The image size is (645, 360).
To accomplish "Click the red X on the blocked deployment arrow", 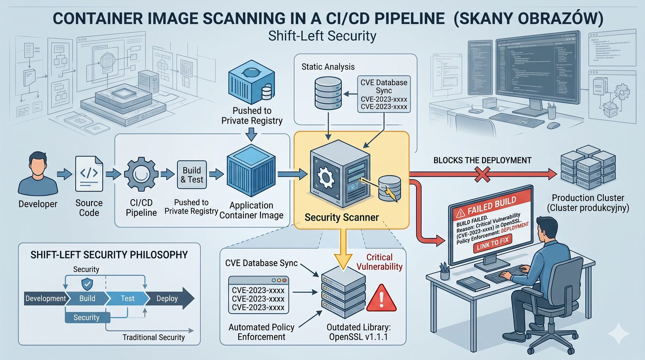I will click(x=483, y=175).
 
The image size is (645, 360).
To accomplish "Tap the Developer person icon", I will click(x=38, y=173).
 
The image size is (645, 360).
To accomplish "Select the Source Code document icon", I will click(x=89, y=174).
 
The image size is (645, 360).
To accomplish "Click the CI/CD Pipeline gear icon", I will click(x=141, y=174).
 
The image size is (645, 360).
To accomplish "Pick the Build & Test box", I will click(x=192, y=175).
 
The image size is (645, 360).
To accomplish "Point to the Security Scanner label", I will click(x=341, y=218).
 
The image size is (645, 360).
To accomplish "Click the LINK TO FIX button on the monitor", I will click(x=492, y=243).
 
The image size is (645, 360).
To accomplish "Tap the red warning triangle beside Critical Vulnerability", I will click(x=381, y=298).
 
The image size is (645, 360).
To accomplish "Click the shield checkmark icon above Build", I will click(x=87, y=284).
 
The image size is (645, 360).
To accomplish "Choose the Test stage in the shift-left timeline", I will click(x=127, y=298).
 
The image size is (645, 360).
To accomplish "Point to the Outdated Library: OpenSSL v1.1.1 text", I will click(x=358, y=332).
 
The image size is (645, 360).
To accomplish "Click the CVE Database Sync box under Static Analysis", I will click(x=384, y=94).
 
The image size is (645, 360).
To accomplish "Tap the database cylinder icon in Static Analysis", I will click(x=328, y=93).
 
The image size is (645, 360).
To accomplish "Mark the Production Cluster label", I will click(x=588, y=203).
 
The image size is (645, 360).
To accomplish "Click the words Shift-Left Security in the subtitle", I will click(x=322, y=36).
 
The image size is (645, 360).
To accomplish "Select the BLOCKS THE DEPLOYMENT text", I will click(x=482, y=160).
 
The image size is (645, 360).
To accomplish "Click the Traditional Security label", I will click(x=154, y=337).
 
